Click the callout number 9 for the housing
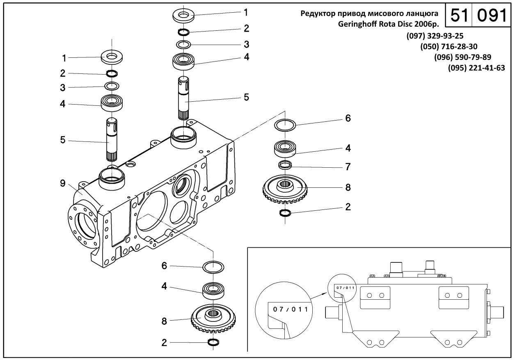coord(63,183)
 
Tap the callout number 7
coord(348,167)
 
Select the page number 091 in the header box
coord(492,16)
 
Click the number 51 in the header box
coord(459,16)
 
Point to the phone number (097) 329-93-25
coord(435,36)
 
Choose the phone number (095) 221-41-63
coord(476,68)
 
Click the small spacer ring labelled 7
coord(285,165)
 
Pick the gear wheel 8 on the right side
coord(285,189)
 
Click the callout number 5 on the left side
coord(63,140)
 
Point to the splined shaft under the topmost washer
coord(184,98)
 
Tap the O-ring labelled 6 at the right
coord(285,125)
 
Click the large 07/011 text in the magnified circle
coord(291,310)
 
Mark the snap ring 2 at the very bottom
coord(213,342)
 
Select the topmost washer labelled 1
coord(183,16)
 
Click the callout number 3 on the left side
coord(63,88)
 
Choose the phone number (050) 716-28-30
coord(449,47)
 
